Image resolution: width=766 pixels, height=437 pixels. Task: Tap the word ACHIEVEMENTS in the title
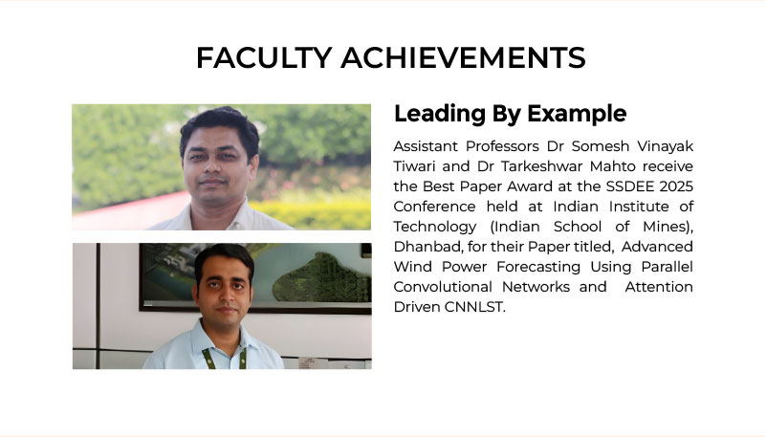pyautogui.click(x=463, y=57)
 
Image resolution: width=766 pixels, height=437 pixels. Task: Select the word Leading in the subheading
pyautogui.click(x=440, y=115)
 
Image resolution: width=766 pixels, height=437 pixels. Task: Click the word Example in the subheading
pyautogui.click(x=577, y=114)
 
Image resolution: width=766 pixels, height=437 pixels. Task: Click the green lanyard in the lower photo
pyautogui.click(x=224, y=358)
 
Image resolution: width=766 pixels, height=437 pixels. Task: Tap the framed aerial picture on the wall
pyautogui.click(x=255, y=277)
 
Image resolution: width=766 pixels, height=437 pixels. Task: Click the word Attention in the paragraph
pyautogui.click(x=659, y=287)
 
